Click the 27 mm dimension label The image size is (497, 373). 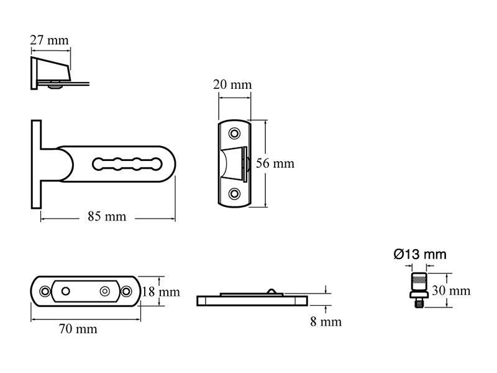click(x=50, y=40)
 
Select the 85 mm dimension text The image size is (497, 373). click(x=107, y=217)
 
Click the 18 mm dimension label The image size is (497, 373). click(x=160, y=292)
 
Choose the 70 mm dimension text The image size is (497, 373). click(x=78, y=329)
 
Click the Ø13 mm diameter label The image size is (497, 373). click(x=420, y=254)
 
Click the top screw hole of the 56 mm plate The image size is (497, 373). click(x=234, y=134)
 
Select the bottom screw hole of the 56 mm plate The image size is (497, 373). click(x=234, y=193)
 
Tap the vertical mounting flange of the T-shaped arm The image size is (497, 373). click(x=35, y=164)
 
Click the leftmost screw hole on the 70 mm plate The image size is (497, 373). click(x=44, y=291)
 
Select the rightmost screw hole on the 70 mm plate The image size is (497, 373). click(x=126, y=291)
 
